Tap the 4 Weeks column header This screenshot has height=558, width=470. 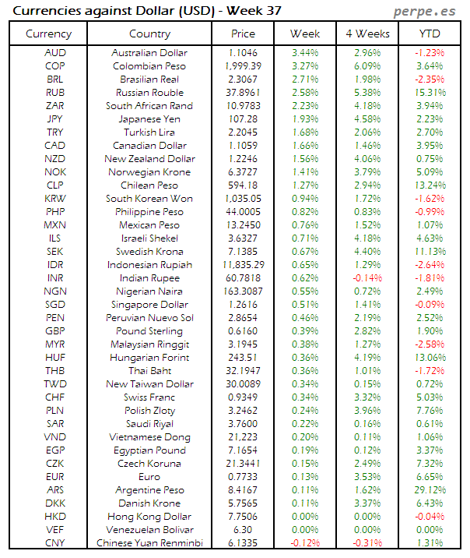click(367, 34)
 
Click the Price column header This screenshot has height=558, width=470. click(244, 34)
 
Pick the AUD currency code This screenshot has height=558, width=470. click(55, 52)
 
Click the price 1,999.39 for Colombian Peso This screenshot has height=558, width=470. click(244, 65)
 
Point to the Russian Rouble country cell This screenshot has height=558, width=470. click(149, 92)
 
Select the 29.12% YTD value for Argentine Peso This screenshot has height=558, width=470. click(430, 489)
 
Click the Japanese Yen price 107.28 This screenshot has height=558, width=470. click(244, 118)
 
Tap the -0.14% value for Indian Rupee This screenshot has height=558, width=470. click(367, 277)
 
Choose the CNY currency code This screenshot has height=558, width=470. click(55, 542)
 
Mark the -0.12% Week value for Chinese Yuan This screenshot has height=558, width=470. click(305, 542)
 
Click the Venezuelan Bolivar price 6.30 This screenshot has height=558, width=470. click(244, 529)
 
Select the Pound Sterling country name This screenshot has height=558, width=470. click(149, 330)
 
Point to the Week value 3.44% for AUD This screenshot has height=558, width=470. click(305, 52)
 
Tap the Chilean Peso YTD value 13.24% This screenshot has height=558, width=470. click(430, 185)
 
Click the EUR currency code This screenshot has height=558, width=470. click(55, 476)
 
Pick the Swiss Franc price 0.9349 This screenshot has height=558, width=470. click(244, 397)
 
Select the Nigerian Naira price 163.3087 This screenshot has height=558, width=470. click(244, 291)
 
